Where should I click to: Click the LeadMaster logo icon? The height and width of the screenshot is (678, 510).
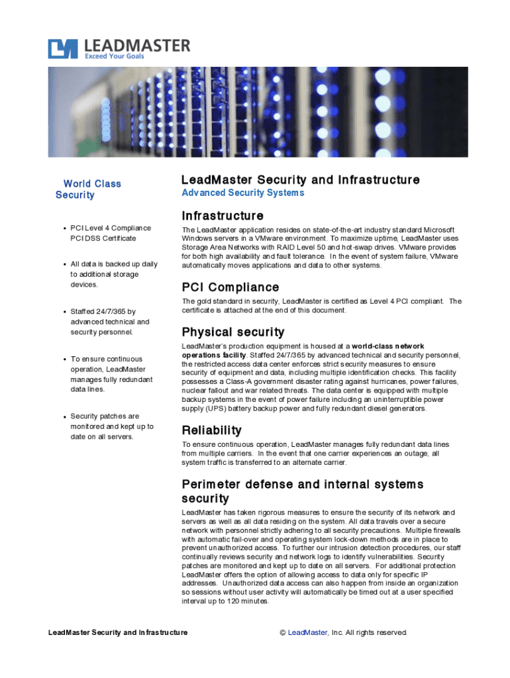62,49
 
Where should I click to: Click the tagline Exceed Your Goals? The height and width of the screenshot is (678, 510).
114,56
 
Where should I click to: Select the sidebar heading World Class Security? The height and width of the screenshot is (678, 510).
88,189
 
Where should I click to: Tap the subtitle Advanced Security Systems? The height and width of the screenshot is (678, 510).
242,193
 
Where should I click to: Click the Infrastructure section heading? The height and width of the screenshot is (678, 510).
223,216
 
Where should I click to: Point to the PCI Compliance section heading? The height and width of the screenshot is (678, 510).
230,287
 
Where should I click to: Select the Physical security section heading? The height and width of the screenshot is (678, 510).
232,332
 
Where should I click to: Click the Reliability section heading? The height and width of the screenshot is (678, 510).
211,430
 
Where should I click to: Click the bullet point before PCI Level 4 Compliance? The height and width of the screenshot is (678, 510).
64,228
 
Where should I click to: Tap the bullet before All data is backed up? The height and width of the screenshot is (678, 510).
64,264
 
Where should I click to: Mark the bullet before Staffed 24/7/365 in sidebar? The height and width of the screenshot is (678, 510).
64,311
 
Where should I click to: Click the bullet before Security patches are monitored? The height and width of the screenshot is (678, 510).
64,417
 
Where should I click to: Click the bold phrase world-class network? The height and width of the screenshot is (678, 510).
388,346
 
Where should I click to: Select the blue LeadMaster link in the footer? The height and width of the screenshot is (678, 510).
307,632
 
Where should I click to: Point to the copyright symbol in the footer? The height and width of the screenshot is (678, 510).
283,632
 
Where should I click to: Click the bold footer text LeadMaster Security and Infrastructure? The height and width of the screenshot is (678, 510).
118,632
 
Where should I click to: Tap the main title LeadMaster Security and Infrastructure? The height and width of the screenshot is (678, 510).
300,180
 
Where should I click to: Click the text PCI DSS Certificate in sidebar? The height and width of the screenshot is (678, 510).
103,238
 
